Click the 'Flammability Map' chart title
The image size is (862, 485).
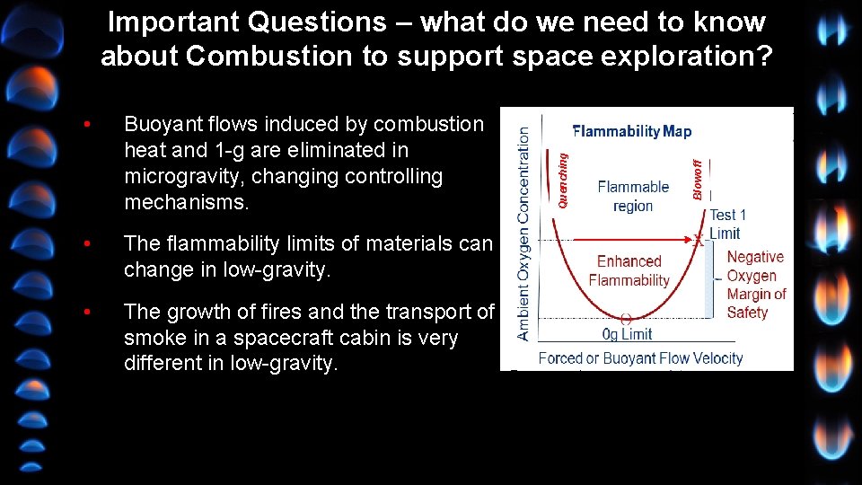[632, 132]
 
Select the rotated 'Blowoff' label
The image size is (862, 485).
[698, 179]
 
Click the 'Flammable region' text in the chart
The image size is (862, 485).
[633, 197]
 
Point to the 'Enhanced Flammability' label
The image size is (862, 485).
[629, 270]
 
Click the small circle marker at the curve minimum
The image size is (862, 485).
[626, 318]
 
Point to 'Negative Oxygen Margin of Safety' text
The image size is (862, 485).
[755, 285]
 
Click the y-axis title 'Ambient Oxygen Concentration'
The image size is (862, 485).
[523, 232]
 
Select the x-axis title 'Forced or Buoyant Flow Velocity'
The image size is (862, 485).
[640, 358]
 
